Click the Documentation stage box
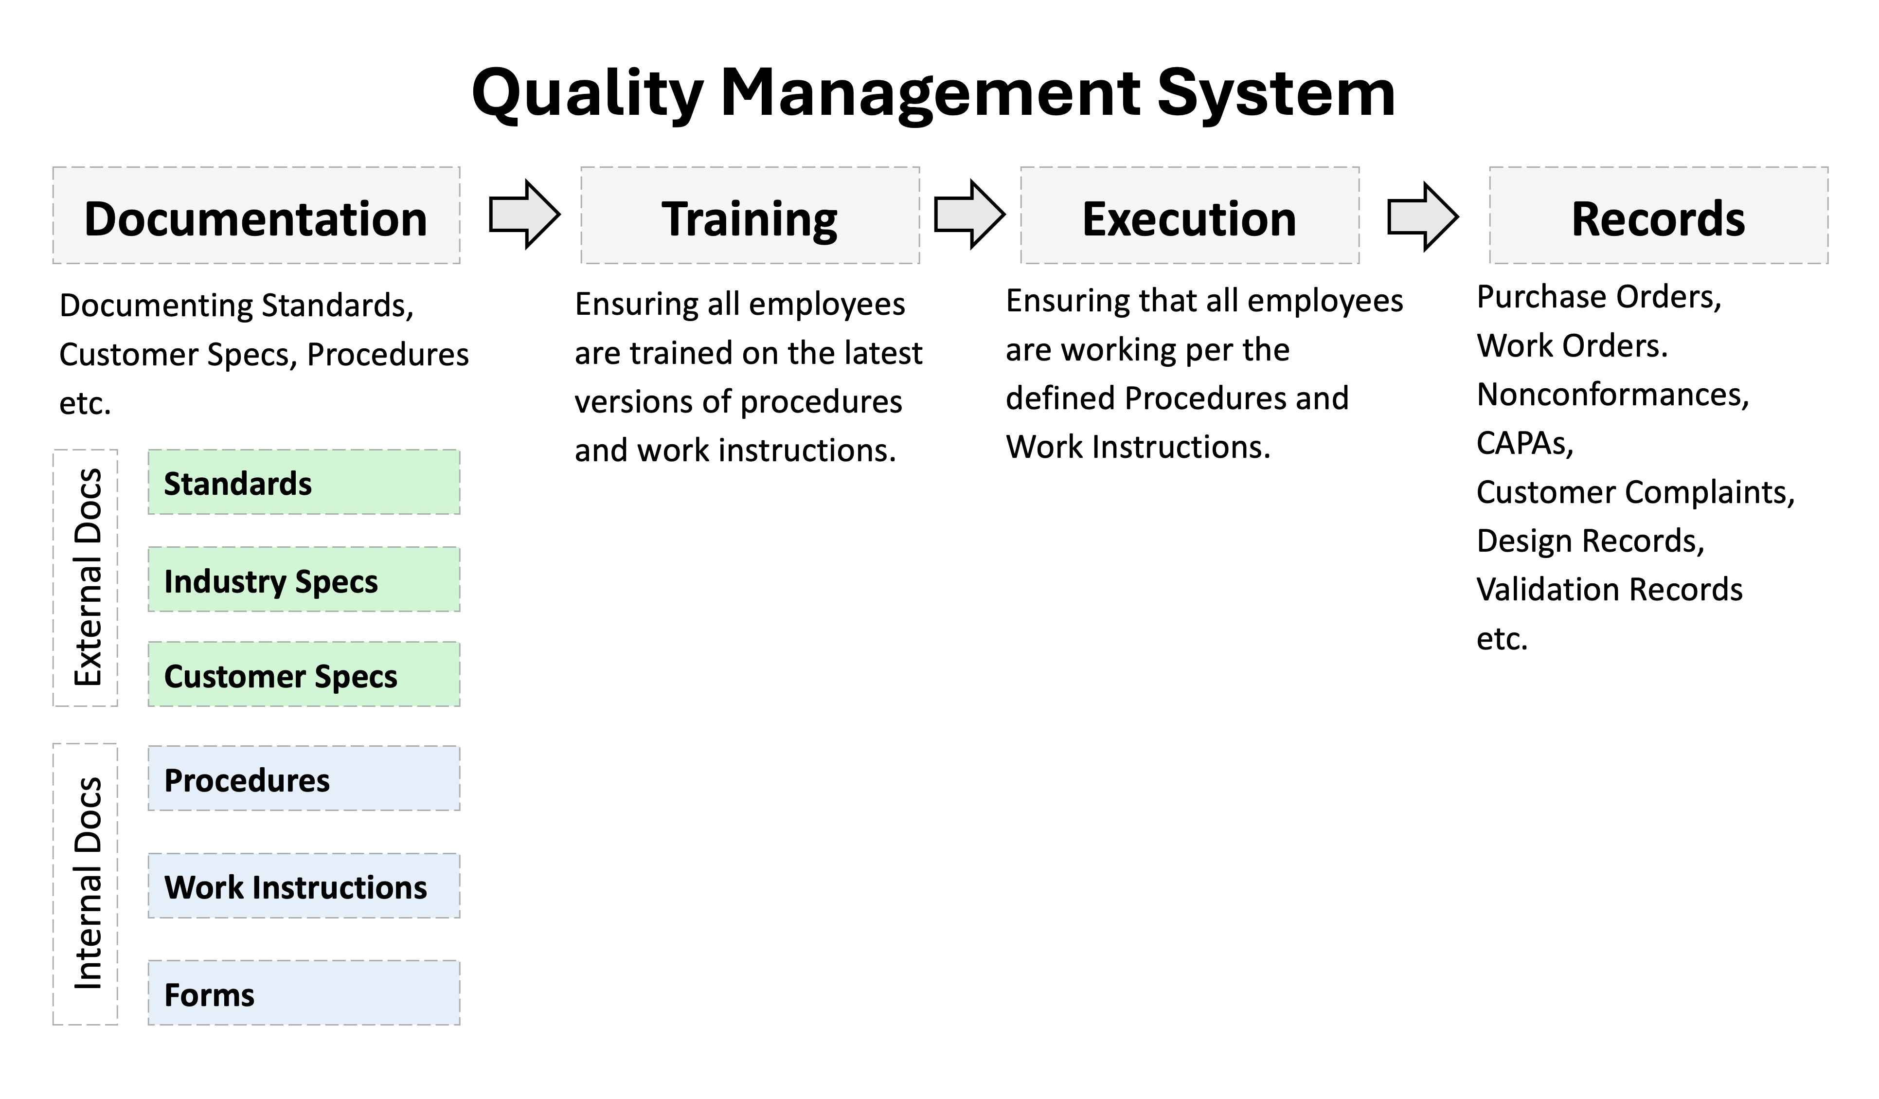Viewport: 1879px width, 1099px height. (256, 216)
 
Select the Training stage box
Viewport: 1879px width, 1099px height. (750, 216)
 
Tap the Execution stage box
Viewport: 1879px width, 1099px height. (1190, 216)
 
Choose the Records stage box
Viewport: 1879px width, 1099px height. (1659, 216)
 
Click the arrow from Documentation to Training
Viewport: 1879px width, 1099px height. (525, 214)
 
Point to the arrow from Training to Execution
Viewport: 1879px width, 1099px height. (970, 214)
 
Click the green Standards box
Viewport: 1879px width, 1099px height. (304, 483)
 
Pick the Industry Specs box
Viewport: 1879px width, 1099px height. (304, 580)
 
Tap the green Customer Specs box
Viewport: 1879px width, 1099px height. (304, 675)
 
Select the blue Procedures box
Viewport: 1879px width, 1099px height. (304, 778)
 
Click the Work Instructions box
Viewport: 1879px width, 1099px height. (304, 886)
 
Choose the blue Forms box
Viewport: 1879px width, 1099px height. (304, 993)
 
